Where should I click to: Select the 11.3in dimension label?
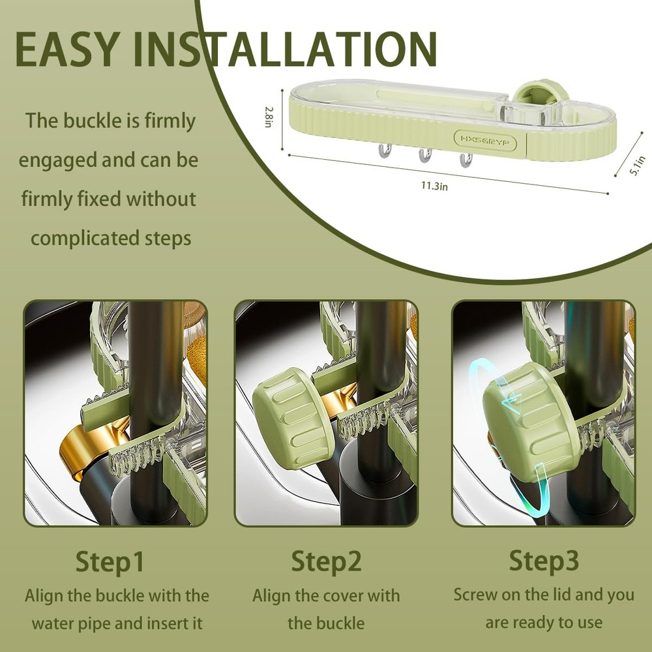pos(434,185)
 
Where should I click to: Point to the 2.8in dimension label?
pos(269,117)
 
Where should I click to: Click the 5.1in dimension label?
pos(637,166)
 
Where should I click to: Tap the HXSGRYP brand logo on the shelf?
pos(485,141)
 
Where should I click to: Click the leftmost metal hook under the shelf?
pos(385,151)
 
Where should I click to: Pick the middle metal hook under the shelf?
pos(425,155)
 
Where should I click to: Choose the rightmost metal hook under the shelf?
pos(466,159)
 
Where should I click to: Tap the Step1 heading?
pos(110,562)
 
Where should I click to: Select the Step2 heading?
pos(326,562)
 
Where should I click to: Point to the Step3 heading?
pos(544,561)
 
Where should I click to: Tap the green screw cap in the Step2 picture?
pos(291,418)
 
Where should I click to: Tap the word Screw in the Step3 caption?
pos(475,595)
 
